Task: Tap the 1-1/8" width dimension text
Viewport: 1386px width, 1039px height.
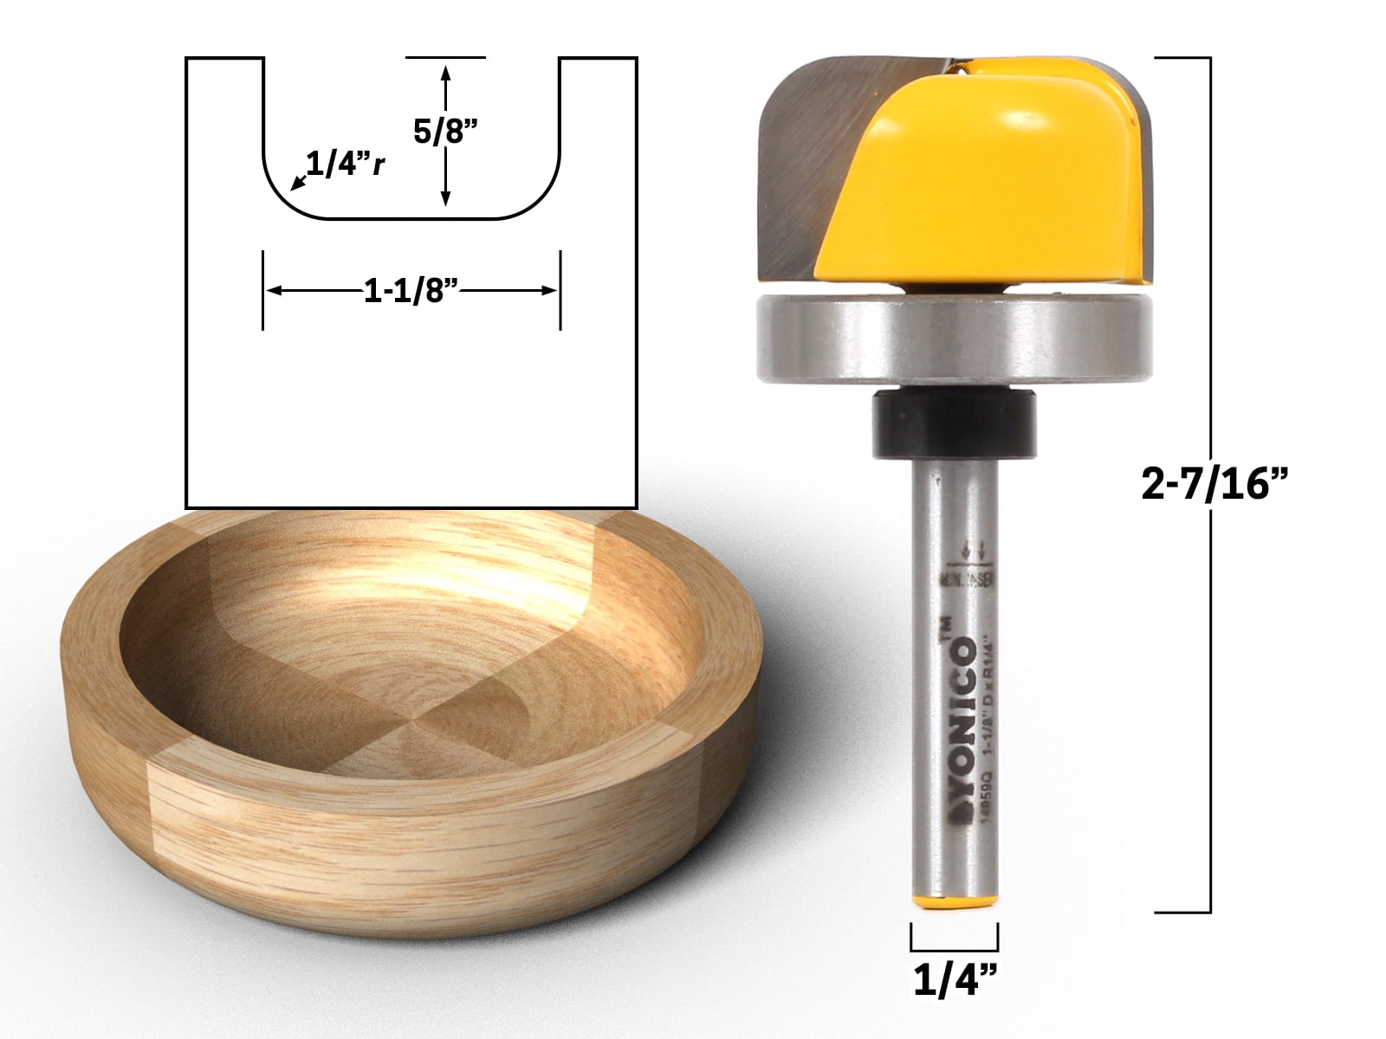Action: [411, 292]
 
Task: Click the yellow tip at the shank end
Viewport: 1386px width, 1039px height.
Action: [954, 902]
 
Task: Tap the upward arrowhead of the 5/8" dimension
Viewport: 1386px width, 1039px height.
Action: [446, 74]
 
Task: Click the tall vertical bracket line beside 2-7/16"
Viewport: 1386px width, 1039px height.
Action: [1208, 485]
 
